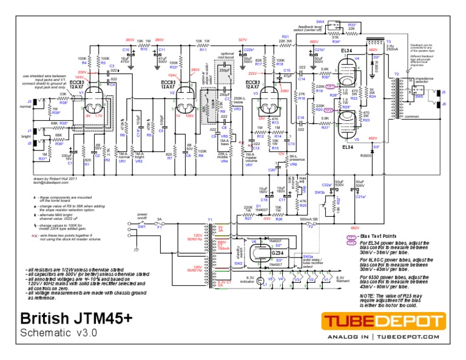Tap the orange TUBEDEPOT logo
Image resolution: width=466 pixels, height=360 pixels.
pyautogui.click(x=383, y=321)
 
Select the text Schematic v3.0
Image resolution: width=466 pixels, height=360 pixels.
pyautogui.click(x=58, y=333)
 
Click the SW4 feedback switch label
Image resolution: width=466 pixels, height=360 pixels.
pyautogui.click(x=320, y=21)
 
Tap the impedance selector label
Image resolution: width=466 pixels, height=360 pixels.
pyautogui.click(x=424, y=80)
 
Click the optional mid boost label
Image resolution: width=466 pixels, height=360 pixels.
pyautogui.click(x=226, y=55)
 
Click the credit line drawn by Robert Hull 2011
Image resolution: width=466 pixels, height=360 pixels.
pyautogui.click(x=55, y=180)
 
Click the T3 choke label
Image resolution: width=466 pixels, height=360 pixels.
pyautogui.click(x=388, y=42)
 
